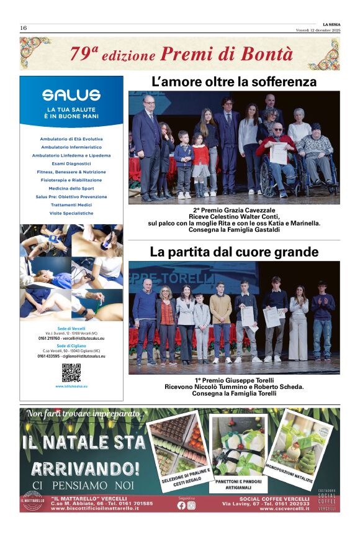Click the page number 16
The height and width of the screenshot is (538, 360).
click(23, 28)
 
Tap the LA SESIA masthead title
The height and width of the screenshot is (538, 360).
click(331, 24)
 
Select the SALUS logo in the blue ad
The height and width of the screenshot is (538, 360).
click(71, 95)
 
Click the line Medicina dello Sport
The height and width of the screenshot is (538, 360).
click(71, 188)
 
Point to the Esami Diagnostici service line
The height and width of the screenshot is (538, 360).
click(71, 163)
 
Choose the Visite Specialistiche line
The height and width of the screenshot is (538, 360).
click(71, 213)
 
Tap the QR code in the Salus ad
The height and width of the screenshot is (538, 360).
click(71, 373)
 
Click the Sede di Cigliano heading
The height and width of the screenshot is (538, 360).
click(71, 345)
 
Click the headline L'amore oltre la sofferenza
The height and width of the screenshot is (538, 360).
click(234, 82)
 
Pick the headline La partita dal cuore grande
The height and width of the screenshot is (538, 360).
click(234, 252)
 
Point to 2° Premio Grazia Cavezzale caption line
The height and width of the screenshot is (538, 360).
click(234, 210)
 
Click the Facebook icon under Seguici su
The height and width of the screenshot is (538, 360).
click(181, 505)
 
